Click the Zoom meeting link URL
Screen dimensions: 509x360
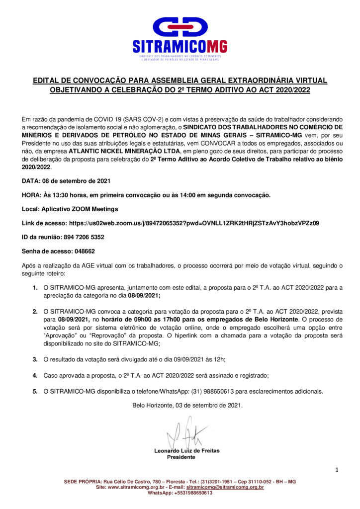(194, 223)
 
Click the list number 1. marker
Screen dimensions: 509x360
(35, 287)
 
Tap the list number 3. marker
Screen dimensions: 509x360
(35, 358)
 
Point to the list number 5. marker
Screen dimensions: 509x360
(35, 391)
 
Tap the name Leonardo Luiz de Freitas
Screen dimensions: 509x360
(186, 451)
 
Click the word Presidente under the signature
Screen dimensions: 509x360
(180, 457)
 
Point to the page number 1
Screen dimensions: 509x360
(337, 469)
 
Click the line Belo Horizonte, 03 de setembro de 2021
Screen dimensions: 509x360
(187, 405)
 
